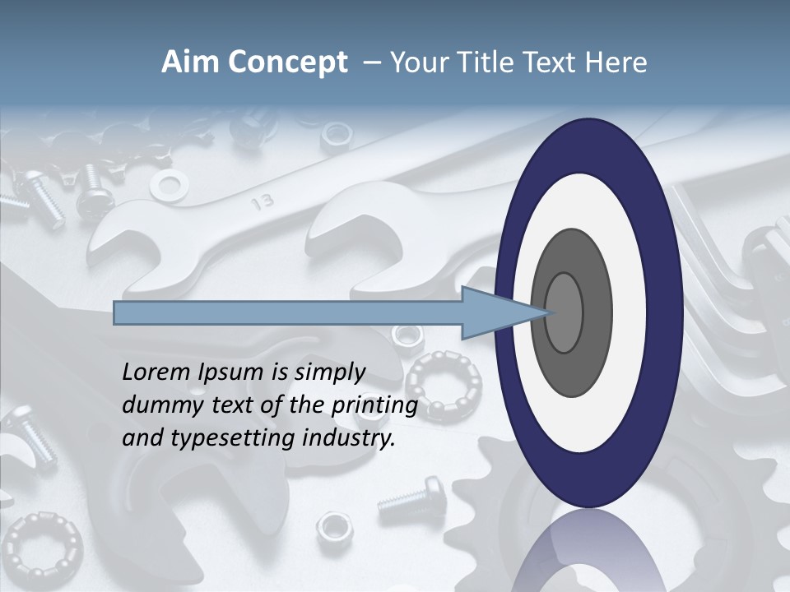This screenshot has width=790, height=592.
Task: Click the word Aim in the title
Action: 188,62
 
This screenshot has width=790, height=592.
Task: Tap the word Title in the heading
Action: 501,62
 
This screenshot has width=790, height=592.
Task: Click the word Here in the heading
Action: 617,62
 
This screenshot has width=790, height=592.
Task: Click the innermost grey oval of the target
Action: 564,312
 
